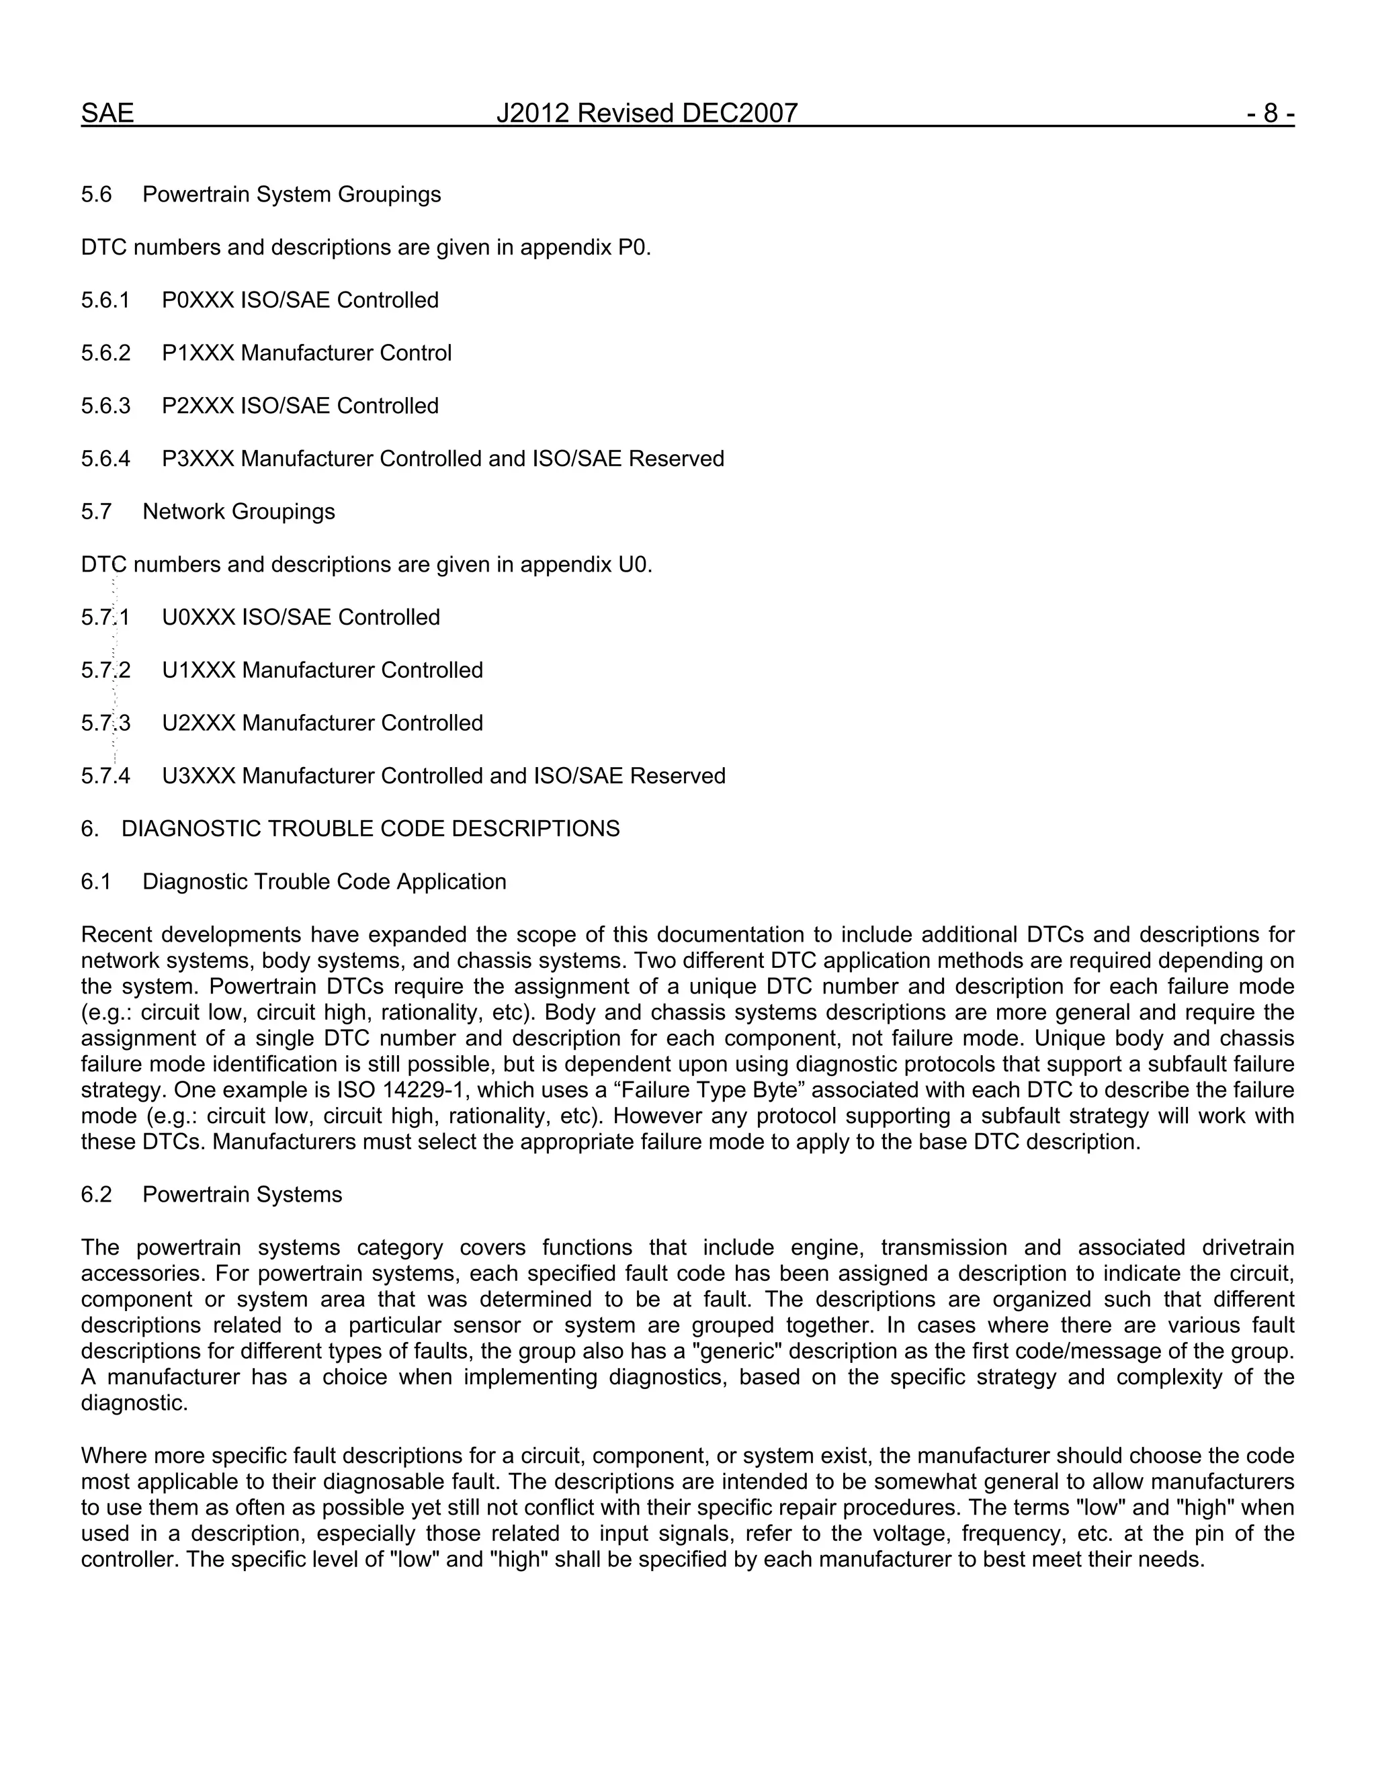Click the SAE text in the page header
pyautogui.click(x=107, y=114)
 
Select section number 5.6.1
pyautogui.click(x=105, y=300)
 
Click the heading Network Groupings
pyautogui.click(x=238, y=512)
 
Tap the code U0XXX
pyautogui.click(x=199, y=617)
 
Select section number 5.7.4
pyautogui.click(x=105, y=776)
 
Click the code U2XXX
pyautogui.click(x=199, y=723)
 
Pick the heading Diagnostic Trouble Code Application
pyautogui.click(x=324, y=882)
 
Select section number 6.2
pyautogui.click(x=95, y=1195)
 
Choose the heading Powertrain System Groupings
pyautogui.click(x=291, y=195)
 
